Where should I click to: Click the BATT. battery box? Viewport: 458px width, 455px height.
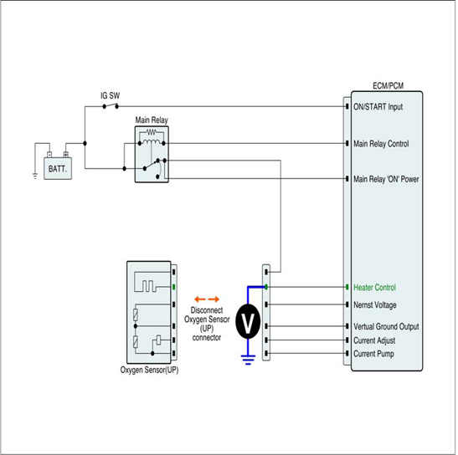[x=58, y=168]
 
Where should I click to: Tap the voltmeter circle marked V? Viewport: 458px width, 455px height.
[x=248, y=321]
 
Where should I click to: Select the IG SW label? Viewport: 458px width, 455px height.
[x=111, y=95]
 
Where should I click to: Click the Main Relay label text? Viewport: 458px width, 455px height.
[x=152, y=120]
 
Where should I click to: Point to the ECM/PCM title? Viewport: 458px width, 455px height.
[x=389, y=86]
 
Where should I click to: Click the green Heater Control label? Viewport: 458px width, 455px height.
[x=375, y=288]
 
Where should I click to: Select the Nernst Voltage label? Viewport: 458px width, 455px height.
[x=375, y=305]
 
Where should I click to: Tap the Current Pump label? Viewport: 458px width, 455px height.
[x=373, y=354]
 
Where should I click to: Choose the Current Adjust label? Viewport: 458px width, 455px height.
[x=374, y=340]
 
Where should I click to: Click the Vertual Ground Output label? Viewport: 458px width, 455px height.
[x=386, y=326]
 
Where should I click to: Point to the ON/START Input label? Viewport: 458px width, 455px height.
[x=378, y=107]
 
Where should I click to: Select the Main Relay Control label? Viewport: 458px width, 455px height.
[x=381, y=144]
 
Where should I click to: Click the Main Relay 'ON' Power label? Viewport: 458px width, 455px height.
[x=386, y=179]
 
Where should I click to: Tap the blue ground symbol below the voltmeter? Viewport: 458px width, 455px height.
[x=248, y=360]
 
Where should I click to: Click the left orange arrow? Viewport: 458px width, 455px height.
[x=200, y=299]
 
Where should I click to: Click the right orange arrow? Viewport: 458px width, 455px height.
[x=214, y=299]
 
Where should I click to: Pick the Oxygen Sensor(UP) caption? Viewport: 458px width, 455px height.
[x=149, y=370]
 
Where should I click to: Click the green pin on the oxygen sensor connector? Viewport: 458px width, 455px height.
[x=174, y=287]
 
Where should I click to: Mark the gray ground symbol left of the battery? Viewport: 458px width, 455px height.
[x=35, y=176]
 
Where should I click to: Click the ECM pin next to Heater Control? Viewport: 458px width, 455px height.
[x=347, y=287]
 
